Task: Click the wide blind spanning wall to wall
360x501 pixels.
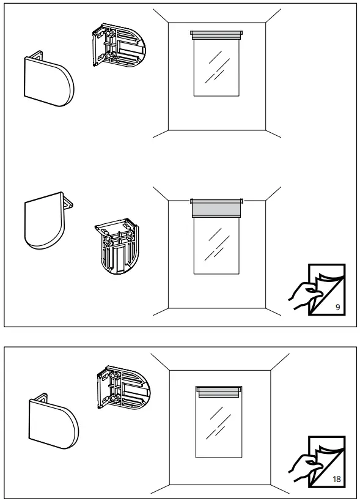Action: (217, 208)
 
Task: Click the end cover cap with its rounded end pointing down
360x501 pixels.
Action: (42, 220)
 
